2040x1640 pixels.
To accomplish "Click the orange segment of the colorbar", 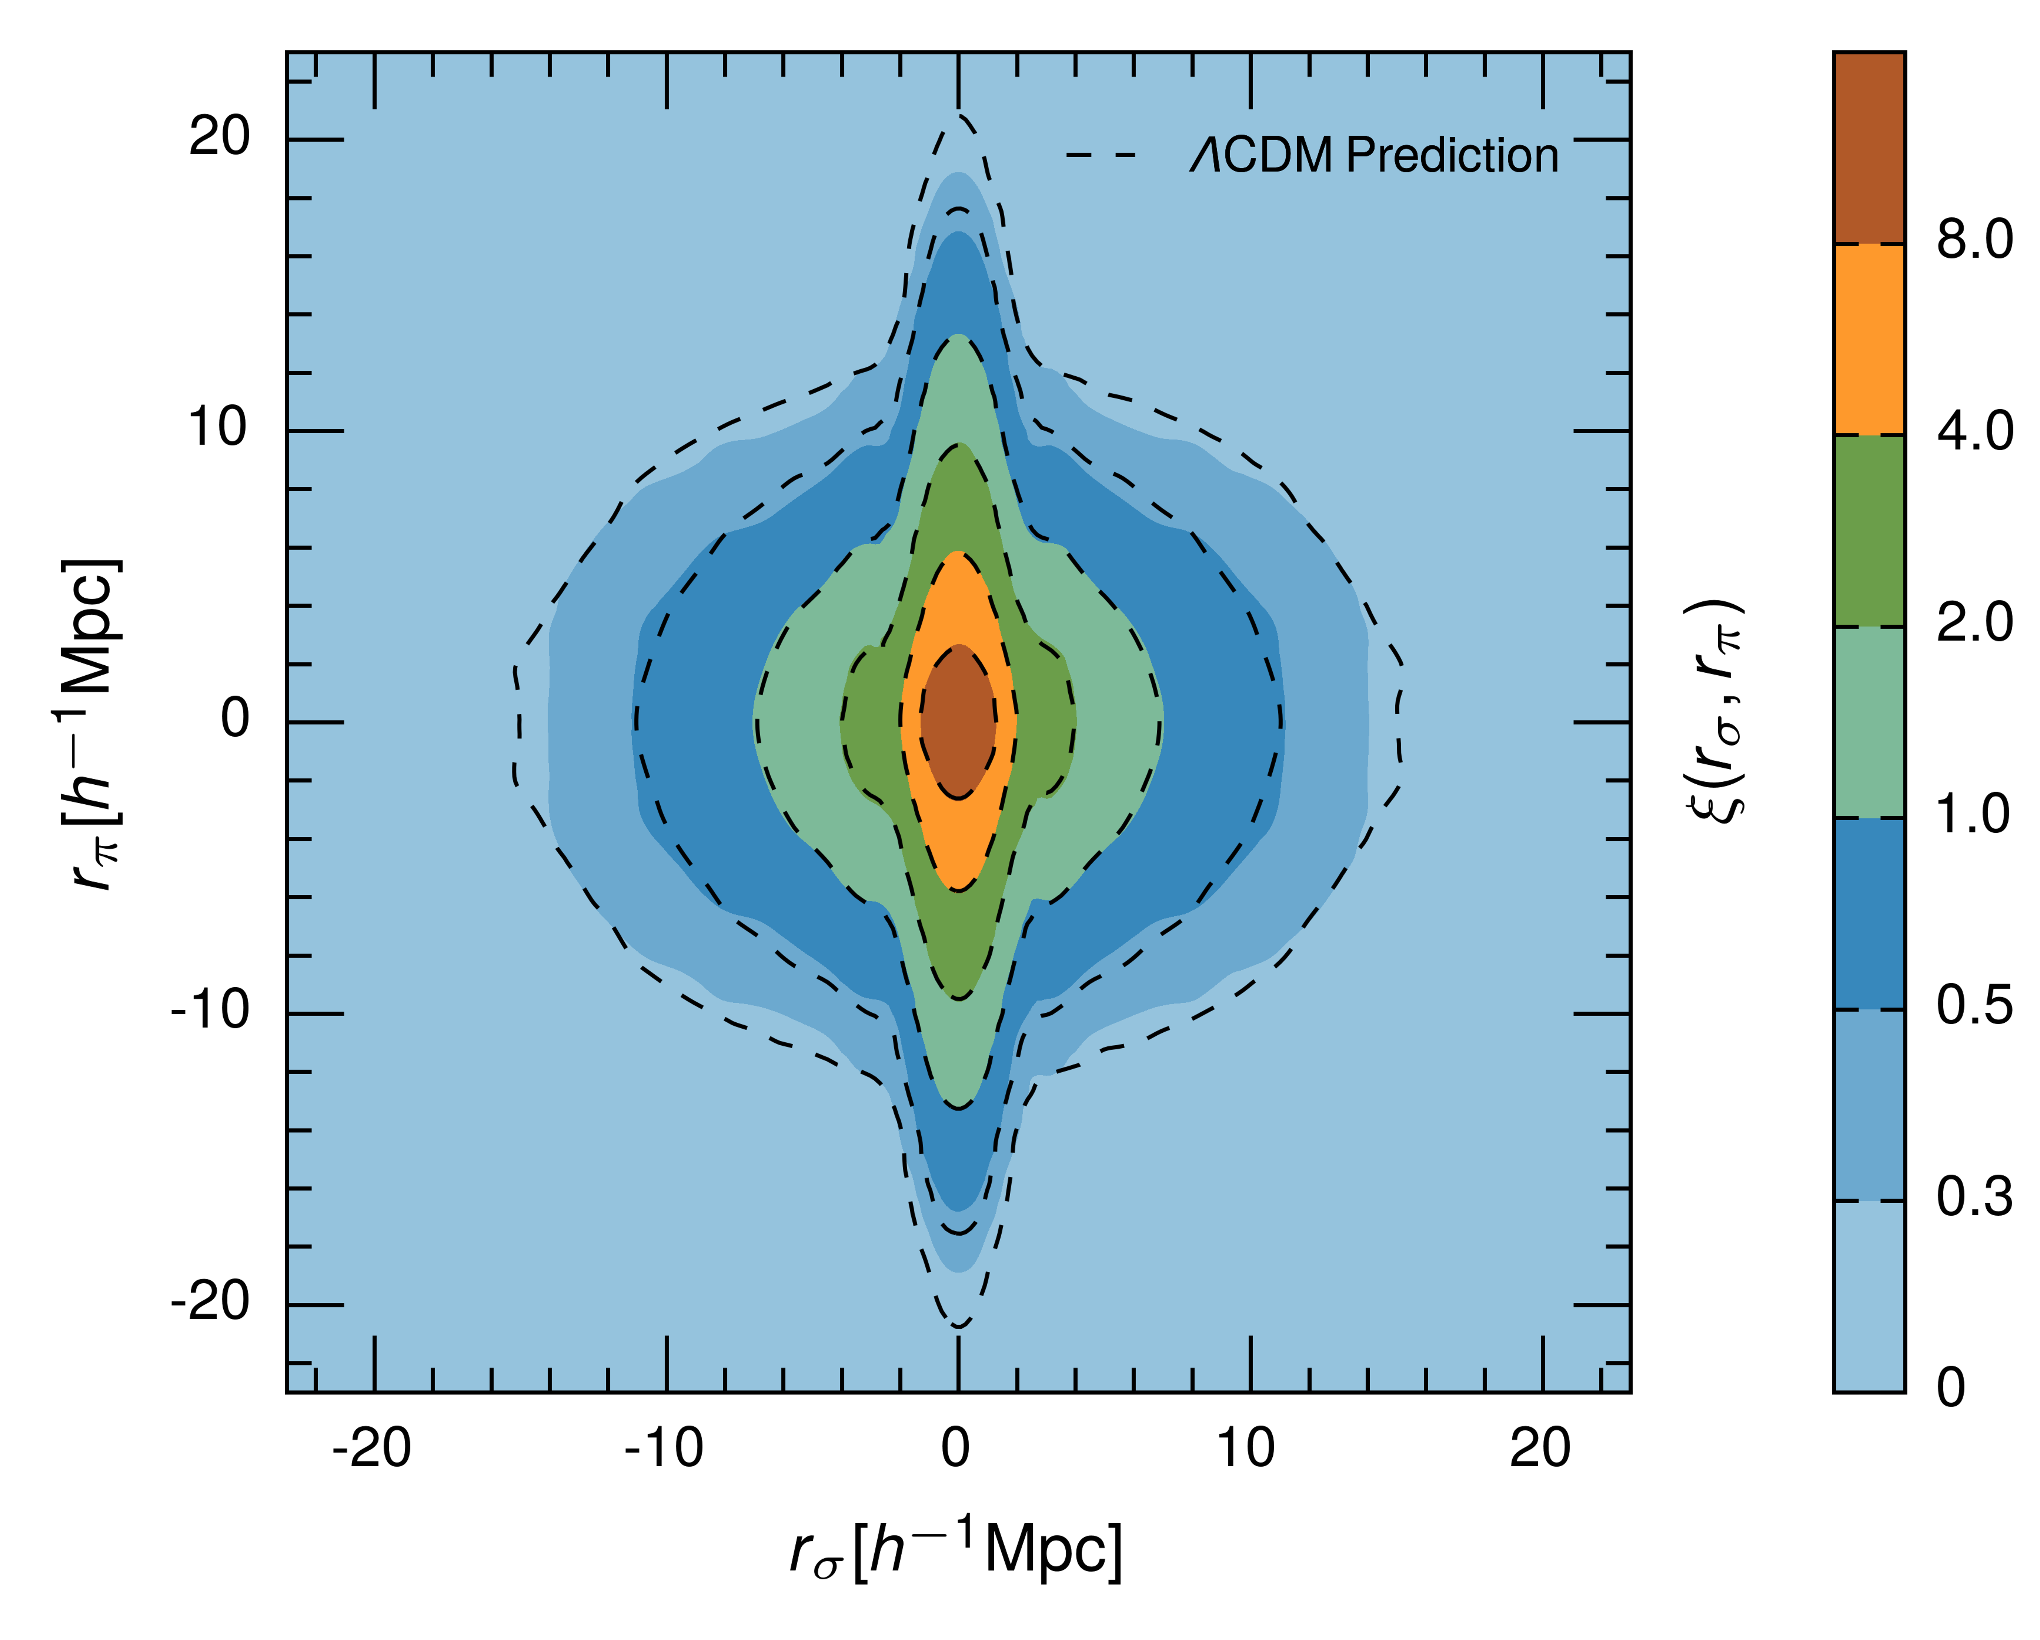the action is [1869, 339].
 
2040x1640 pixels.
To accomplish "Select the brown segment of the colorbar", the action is [1869, 148].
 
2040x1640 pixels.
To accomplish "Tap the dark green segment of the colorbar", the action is [1869, 530].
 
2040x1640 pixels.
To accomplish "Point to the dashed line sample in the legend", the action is [1100, 154].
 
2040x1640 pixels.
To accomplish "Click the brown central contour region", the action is [958, 721].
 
